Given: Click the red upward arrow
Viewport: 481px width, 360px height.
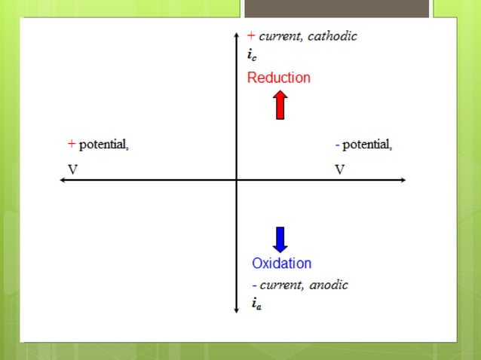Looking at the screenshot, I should [280, 105].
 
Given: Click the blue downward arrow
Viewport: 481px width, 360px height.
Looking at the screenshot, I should [280, 239].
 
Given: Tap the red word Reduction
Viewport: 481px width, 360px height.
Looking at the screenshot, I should [278, 78].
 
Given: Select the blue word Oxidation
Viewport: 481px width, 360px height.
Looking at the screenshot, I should [281, 264].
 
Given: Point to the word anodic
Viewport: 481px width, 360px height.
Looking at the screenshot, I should [328, 285].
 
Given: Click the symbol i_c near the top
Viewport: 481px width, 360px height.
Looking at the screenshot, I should [252, 54].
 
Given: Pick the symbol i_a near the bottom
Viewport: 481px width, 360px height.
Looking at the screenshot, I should [256, 304].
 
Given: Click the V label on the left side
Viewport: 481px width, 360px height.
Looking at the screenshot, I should [72, 169].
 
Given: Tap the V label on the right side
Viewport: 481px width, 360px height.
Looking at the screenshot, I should [340, 169].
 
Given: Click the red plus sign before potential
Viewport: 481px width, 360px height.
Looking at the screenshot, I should [72, 143].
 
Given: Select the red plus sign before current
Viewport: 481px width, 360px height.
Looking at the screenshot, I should [252, 35].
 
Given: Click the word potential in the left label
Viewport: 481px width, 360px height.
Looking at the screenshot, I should [104, 144].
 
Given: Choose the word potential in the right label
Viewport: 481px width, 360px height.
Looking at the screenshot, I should [366, 144].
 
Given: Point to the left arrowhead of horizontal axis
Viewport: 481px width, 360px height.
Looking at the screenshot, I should [63, 180].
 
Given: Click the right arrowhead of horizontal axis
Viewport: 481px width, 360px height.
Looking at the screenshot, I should [403, 180].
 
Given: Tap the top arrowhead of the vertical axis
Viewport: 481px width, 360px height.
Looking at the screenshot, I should [237, 33].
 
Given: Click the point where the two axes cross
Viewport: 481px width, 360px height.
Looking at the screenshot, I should [237, 180].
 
